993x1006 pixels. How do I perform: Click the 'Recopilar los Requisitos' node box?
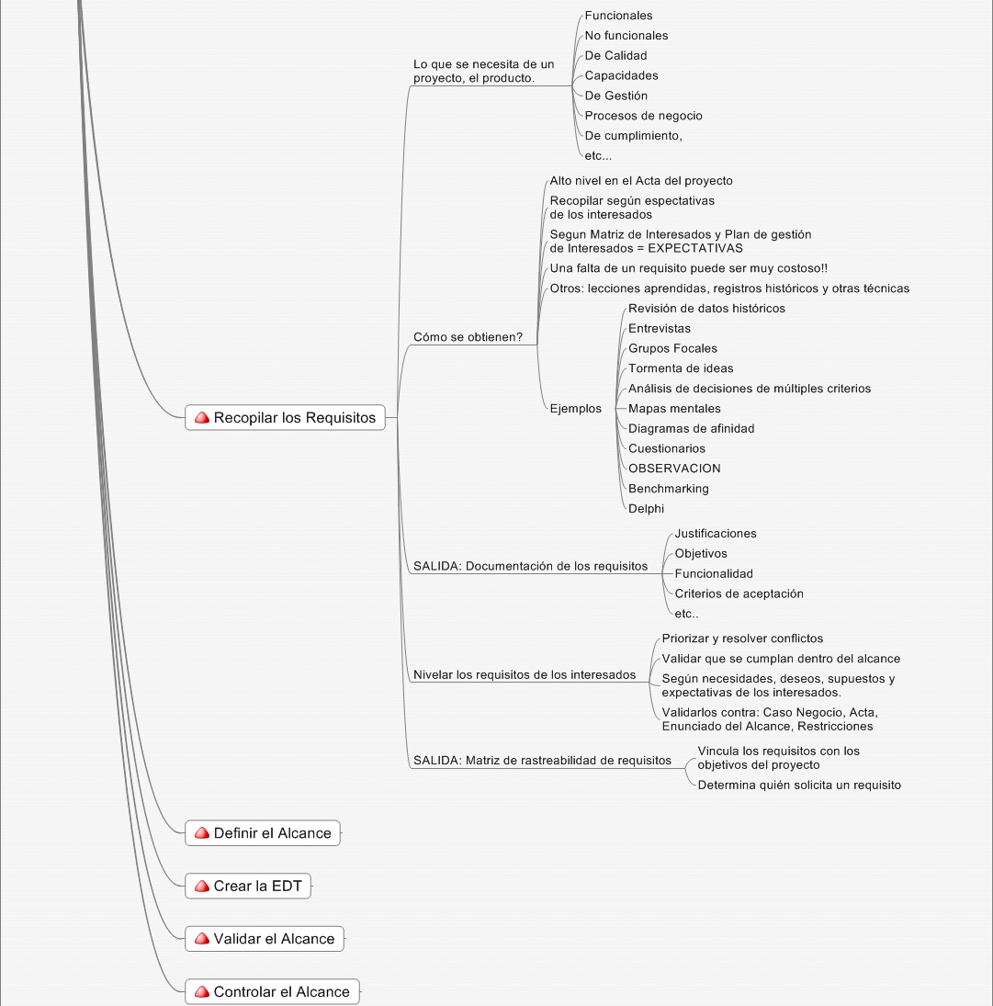point(285,418)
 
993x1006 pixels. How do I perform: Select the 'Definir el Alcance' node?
point(263,832)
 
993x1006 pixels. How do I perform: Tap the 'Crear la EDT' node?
point(248,886)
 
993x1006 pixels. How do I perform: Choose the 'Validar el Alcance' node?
point(265,939)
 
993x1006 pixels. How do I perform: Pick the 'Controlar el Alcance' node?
point(272,992)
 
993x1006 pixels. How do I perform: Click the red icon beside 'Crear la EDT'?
point(202,886)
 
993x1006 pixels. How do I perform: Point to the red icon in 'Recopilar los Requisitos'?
point(202,418)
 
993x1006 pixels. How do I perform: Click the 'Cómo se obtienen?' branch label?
point(468,337)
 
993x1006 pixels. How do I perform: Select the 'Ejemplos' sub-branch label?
point(575,409)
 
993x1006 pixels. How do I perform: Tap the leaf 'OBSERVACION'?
point(674,469)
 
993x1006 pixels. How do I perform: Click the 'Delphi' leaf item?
point(646,509)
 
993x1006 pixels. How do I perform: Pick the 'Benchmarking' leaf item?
point(669,489)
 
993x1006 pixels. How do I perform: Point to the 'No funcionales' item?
point(626,35)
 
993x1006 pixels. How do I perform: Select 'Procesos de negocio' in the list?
point(643,116)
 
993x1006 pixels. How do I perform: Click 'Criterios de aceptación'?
point(739,594)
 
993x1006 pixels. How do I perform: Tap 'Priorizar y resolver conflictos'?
point(742,639)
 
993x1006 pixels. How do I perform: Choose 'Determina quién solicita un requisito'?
point(799,786)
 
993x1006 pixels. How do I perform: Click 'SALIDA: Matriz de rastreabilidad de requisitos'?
point(542,761)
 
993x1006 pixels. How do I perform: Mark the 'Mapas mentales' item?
point(674,409)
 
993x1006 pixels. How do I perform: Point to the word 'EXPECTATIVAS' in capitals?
point(695,248)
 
